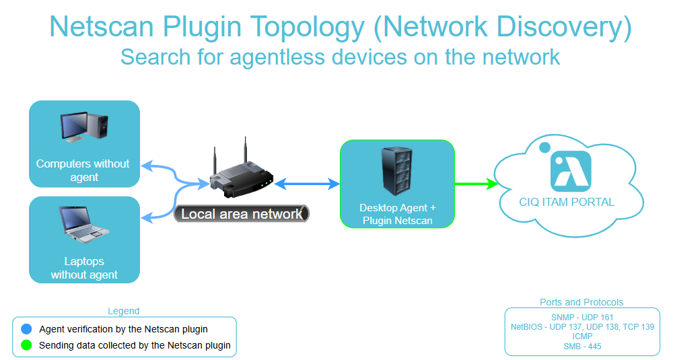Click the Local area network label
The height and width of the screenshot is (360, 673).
[x=242, y=214]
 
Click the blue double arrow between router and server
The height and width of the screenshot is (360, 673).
[x=306, y=183]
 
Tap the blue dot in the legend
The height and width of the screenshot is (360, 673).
[x=26, y=329]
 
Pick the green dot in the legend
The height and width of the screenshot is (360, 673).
[x=26, y=345]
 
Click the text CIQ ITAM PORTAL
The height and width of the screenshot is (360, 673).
[x=567, y=202]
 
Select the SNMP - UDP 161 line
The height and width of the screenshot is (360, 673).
[x=582, y=317]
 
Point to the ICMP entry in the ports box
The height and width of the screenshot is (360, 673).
[x=582, y=336]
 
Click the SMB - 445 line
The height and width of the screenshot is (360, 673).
[x=582, y=346]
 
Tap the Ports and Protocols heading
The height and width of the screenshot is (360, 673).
[x=581, y=302]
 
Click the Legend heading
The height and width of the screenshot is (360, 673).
[x=124, y=311]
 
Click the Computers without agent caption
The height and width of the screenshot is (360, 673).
[x=83, y=170]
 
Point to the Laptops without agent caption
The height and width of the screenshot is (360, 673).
[x=84, y=268]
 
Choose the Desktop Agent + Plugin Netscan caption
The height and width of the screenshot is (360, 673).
[x=397, y=214]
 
